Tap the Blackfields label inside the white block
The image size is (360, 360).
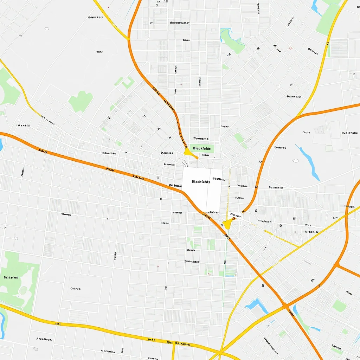[201, 182]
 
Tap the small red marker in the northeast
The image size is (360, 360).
[290, 48]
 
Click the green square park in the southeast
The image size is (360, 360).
[339, 306]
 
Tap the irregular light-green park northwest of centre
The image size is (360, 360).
[81, 101]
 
